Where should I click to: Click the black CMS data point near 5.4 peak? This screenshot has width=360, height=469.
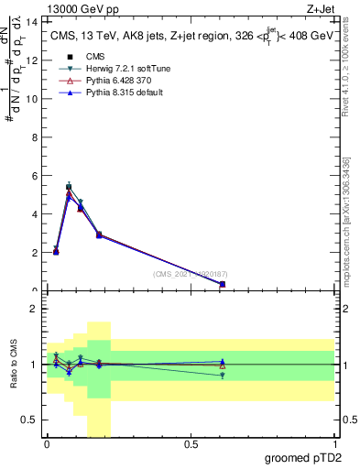69,187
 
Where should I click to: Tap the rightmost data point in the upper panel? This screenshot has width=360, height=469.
223,284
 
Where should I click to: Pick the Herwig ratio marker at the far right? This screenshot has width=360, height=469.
223,375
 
